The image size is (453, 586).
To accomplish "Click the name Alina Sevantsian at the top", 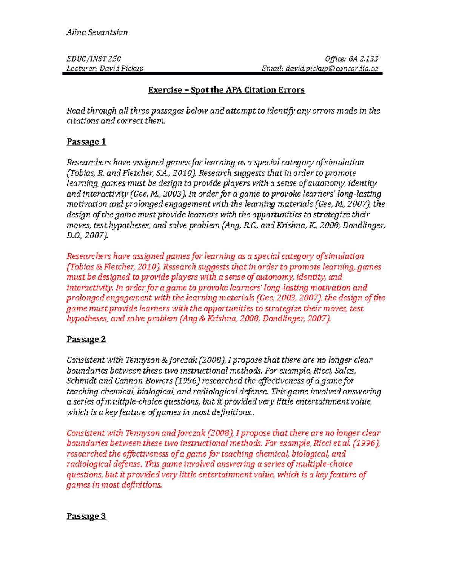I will pos(97,32).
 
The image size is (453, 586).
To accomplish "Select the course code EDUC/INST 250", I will pos(94,58).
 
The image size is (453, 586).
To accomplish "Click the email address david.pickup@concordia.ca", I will pos(332,68).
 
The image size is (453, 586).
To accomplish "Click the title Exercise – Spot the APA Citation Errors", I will pos(226,90).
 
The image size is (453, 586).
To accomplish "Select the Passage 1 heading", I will pos(86,142).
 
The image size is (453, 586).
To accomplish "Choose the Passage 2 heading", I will pos(86,339).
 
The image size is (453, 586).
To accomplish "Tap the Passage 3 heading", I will pos(86,516).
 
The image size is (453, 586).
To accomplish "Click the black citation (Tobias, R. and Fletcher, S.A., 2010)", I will pos(131,173).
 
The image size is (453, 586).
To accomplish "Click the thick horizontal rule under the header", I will pos(222,74).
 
